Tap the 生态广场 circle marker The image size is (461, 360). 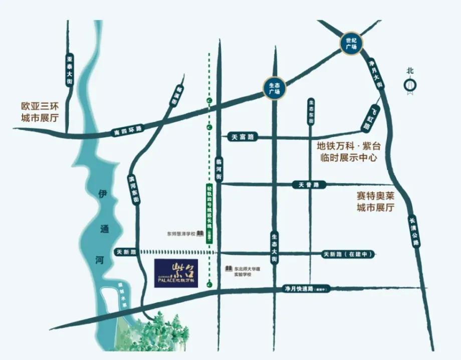(x=274, y=88)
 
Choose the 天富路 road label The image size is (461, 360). (x=243, y=137)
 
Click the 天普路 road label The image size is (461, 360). (x=309, y=185)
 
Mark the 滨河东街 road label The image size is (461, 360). (x=134, y=189)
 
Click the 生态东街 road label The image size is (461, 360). (x=311, y=112)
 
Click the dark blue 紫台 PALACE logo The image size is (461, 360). (x=177, y=273)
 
